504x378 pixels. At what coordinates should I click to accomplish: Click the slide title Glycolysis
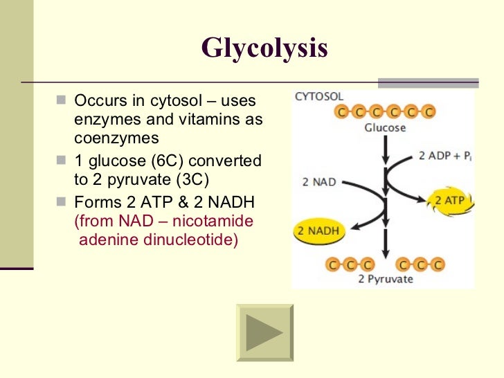(x=264, y=48)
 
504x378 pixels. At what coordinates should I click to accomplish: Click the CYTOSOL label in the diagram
(x=319, y=97)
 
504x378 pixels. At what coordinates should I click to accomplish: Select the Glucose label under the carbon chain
(x=385, y=128)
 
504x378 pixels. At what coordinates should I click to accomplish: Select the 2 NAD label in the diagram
(x=319, y=183)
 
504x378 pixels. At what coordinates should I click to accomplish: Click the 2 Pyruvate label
(x=385, y=280)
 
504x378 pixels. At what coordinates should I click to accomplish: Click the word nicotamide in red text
(x=217, y=222)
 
